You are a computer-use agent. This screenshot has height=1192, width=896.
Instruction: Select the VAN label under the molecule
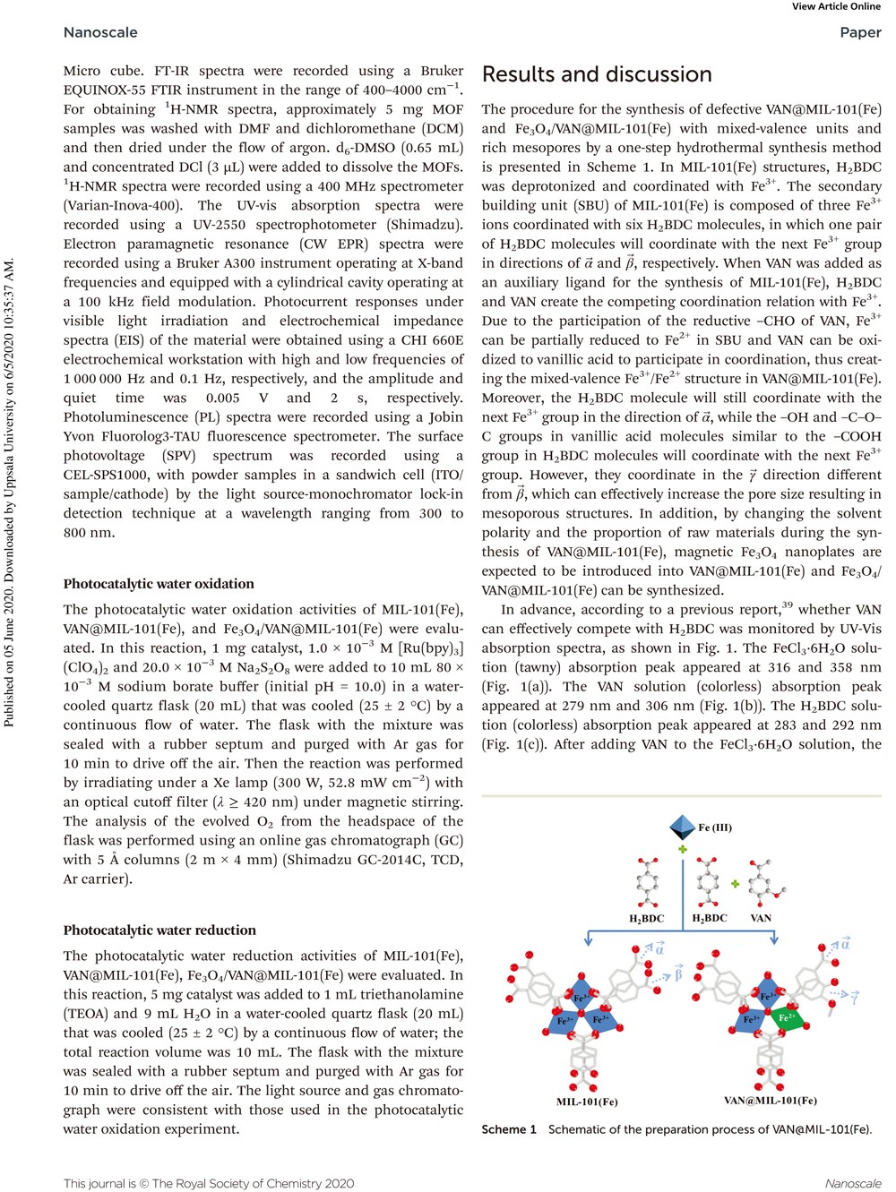click(761, 918)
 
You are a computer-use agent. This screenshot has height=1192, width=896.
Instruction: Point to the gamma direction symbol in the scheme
click(856, 996)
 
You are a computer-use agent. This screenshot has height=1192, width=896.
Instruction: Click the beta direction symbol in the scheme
click(678, 973)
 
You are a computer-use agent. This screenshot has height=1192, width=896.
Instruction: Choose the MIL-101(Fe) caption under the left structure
click(587, 1102)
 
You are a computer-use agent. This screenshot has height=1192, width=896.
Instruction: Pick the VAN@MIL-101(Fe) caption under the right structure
click(771, 1101)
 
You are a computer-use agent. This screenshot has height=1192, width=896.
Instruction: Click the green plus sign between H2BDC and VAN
click(736, 884)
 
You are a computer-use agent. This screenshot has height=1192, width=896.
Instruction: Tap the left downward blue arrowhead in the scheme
click(588, 939)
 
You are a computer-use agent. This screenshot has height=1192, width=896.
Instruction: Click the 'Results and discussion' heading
click(597, 74)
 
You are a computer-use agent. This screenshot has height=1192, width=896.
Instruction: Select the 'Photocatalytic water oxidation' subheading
click(159, 584)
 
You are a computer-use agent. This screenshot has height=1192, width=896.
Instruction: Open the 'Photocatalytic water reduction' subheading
click(159, 930)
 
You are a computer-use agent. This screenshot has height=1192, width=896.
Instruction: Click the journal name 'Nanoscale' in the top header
click(100, 32)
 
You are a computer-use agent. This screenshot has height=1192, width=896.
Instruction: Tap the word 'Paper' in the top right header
click(860, 32)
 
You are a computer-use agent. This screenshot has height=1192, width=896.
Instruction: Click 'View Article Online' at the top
click(836, 6)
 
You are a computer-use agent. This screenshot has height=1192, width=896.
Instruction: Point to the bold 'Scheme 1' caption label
click(509, 1129)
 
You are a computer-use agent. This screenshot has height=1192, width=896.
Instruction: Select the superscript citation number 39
click(787, 605)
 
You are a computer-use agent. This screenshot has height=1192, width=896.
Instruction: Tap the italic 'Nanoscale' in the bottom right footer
click(852, 1183)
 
